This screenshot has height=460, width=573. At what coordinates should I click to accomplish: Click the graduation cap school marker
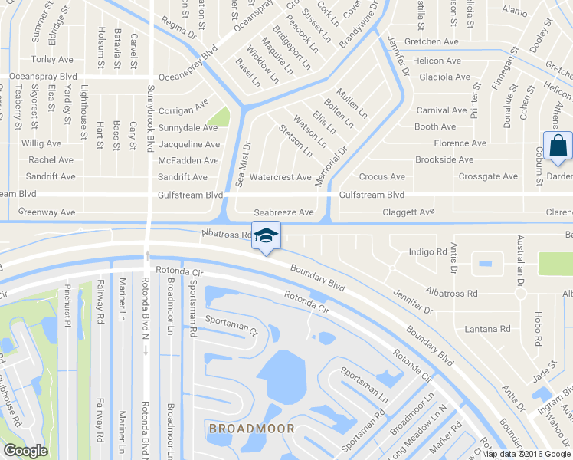(266, 235)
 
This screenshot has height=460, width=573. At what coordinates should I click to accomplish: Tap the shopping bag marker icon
(558, 145)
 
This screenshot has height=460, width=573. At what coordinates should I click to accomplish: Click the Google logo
(25, 451)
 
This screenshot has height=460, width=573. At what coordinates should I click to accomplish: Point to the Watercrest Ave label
(281, 177)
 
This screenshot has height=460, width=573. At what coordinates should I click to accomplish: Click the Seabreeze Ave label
(284, 212)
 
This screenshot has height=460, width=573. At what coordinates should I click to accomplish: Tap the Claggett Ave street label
(408, 212)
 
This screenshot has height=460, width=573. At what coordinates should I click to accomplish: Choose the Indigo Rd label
(427, 251)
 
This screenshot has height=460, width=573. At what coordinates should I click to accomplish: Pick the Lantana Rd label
(487, 329)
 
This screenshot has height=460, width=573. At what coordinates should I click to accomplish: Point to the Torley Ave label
(52, 59)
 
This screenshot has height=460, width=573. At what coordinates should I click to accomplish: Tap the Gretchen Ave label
(431, 42)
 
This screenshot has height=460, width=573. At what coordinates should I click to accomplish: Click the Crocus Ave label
(381, 177)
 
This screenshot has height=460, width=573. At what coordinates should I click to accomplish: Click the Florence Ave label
(460, 143)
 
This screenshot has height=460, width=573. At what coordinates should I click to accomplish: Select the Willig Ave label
(41, 143)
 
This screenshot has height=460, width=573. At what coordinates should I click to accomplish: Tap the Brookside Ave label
(444, 160)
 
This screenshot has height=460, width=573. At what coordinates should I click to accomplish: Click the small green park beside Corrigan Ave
(219, 117)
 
